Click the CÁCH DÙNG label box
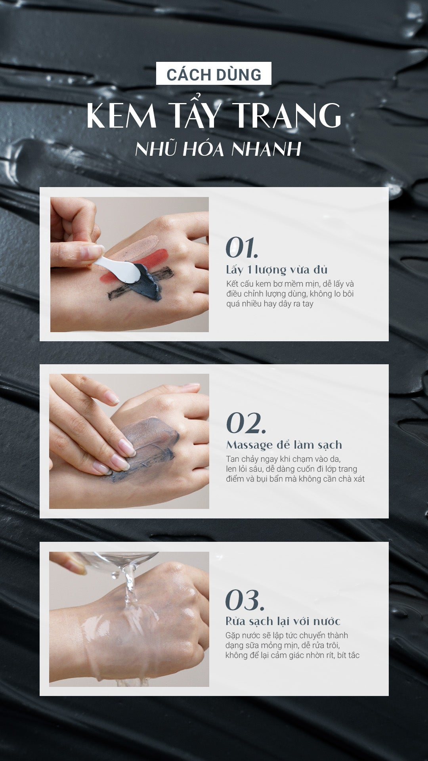point(214,73)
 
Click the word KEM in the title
point(122,115)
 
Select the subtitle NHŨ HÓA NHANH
point(218,149)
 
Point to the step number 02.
point(246,423)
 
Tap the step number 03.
point(245,600)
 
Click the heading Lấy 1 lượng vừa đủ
point(277,270)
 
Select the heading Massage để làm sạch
point(284,445)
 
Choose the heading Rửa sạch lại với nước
point(283,621)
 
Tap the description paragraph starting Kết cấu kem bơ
point(290,294)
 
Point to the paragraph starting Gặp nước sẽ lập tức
point(292,645)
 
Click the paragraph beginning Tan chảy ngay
point(295,469)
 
